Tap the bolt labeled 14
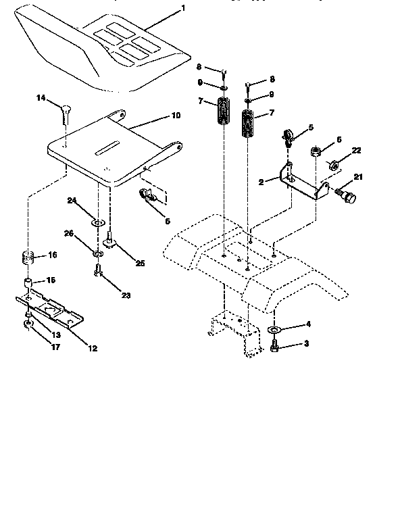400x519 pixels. click(x=65, y=112)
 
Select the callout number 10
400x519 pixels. click(x=175, y=116)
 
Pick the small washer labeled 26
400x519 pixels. click(x=98, y=253)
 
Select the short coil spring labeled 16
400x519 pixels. click(x=28, y=257)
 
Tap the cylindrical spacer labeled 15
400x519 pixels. click(x=28, y=282)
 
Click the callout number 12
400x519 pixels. click(x=93, y=349)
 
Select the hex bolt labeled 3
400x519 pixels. click(x=275, y=345)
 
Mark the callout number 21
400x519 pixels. click(x=358, y=177)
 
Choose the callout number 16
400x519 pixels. click(x=52, y=256)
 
